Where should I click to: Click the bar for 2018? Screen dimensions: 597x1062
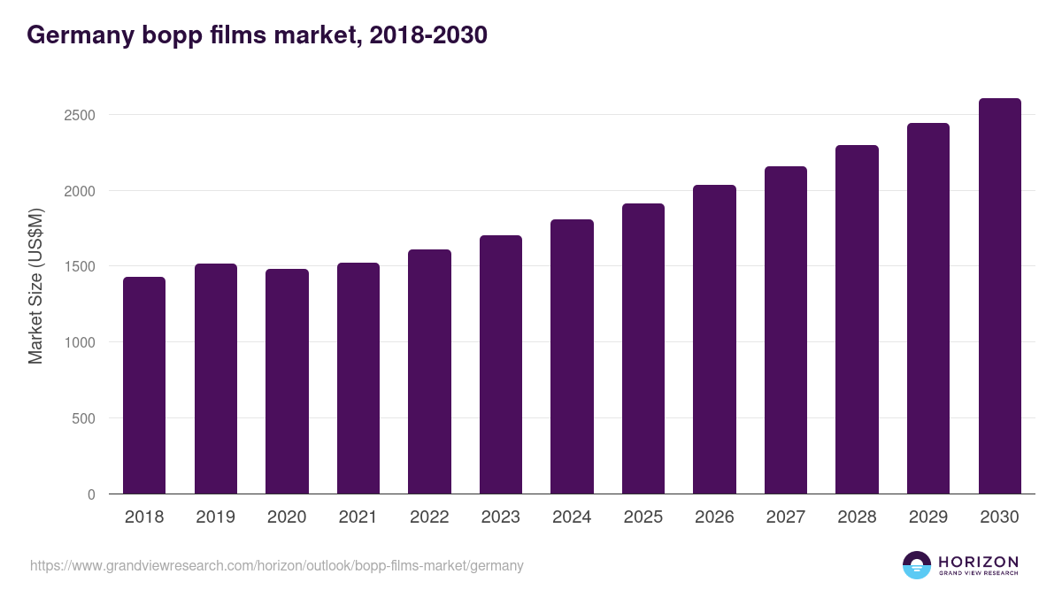click(x=144, y=386)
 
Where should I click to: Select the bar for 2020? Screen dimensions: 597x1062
click(x=287, y=381)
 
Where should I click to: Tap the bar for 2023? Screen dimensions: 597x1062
click(x=501, y=364)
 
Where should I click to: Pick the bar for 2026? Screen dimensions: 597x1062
click(x=714, y=340)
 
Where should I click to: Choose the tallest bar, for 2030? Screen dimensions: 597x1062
click(x=999, y=296)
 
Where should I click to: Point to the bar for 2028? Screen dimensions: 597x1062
click(x=857, y=319)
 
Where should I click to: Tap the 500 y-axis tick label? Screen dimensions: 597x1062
click(x=83, y=418)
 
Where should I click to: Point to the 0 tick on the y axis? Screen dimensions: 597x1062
click(x=91, y=494)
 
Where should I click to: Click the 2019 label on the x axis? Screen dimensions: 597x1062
click(x=216, y=517)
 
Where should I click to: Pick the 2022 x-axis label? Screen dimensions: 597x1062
click(x=429, y=517)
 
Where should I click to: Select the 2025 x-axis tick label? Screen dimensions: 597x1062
click(x=643, y=517)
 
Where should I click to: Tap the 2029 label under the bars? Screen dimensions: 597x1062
click(x=927, y=517)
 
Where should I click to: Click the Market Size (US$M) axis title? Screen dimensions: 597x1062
click(x=35, y=286)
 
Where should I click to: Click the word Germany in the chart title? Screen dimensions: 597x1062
click(x=79, y=35)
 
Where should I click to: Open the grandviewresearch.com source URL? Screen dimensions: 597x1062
click(x=276, y=565)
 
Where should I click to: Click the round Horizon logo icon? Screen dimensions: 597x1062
click(x=917, y=565)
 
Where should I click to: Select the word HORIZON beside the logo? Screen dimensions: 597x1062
click(x=978, y=562)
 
